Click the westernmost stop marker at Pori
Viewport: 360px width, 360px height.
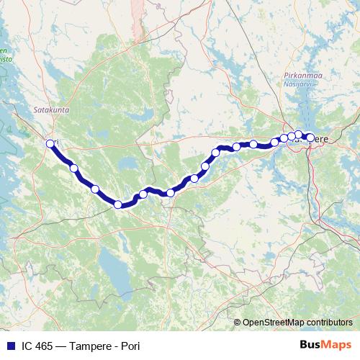pyautogui.click(x=50, y=143)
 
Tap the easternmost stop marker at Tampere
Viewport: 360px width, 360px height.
pyautogui.click(x=310, y=137)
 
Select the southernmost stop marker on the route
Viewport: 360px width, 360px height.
pyautogui.click(x=118, y=204)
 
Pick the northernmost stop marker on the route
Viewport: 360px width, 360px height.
pyautogui.click(x=299, y=135)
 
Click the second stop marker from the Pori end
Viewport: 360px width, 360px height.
pyautogui.click(x=74, y=168)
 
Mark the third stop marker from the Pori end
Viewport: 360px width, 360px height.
pyautogui.click(x=95, y=189)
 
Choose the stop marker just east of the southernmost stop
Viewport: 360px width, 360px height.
pyautogui.click(x=143, y=194)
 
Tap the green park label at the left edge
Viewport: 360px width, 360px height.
pyautogui.click(x=4, y=55)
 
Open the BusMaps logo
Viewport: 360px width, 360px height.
pyautogui.click(x=325, y=346)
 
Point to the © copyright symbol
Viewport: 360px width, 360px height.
pyautogui.click(x=237, y=323)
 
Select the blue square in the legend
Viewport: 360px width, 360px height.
pyautogui.click(x=10, y=346)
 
